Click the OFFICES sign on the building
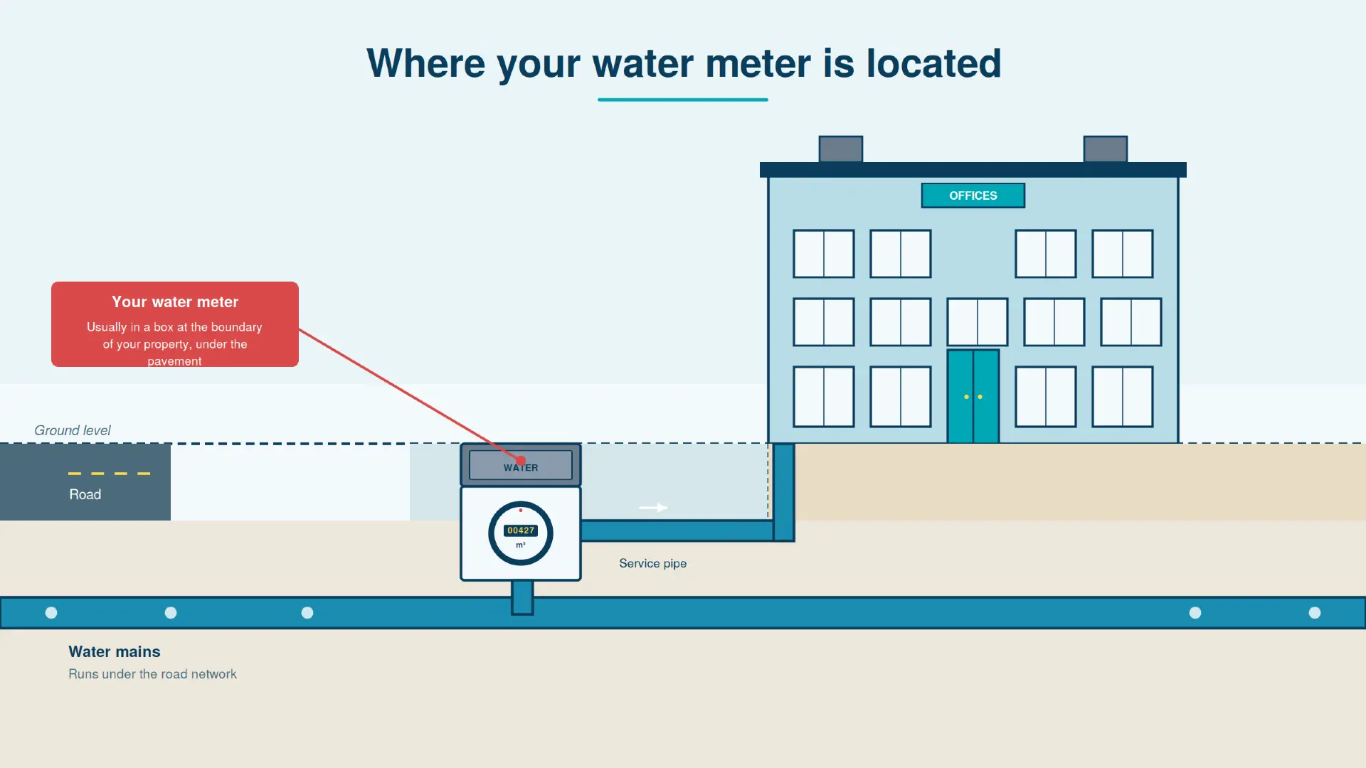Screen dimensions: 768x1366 973,196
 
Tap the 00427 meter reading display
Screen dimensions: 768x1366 521,530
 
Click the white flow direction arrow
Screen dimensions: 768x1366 653,508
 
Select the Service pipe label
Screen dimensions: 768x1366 652,563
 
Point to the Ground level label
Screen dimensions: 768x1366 73,430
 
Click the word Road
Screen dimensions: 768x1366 85,494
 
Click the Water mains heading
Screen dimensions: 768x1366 115,651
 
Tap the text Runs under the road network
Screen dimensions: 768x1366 152,674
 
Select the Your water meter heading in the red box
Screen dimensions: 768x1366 175,302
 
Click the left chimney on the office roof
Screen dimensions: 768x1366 840,149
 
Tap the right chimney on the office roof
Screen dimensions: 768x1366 1105,149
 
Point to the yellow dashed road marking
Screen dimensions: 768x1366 109,474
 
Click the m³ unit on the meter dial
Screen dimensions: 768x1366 521,545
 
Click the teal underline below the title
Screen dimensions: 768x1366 682,100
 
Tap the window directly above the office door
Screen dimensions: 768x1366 977,321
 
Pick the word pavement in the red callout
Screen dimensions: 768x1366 174,361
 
